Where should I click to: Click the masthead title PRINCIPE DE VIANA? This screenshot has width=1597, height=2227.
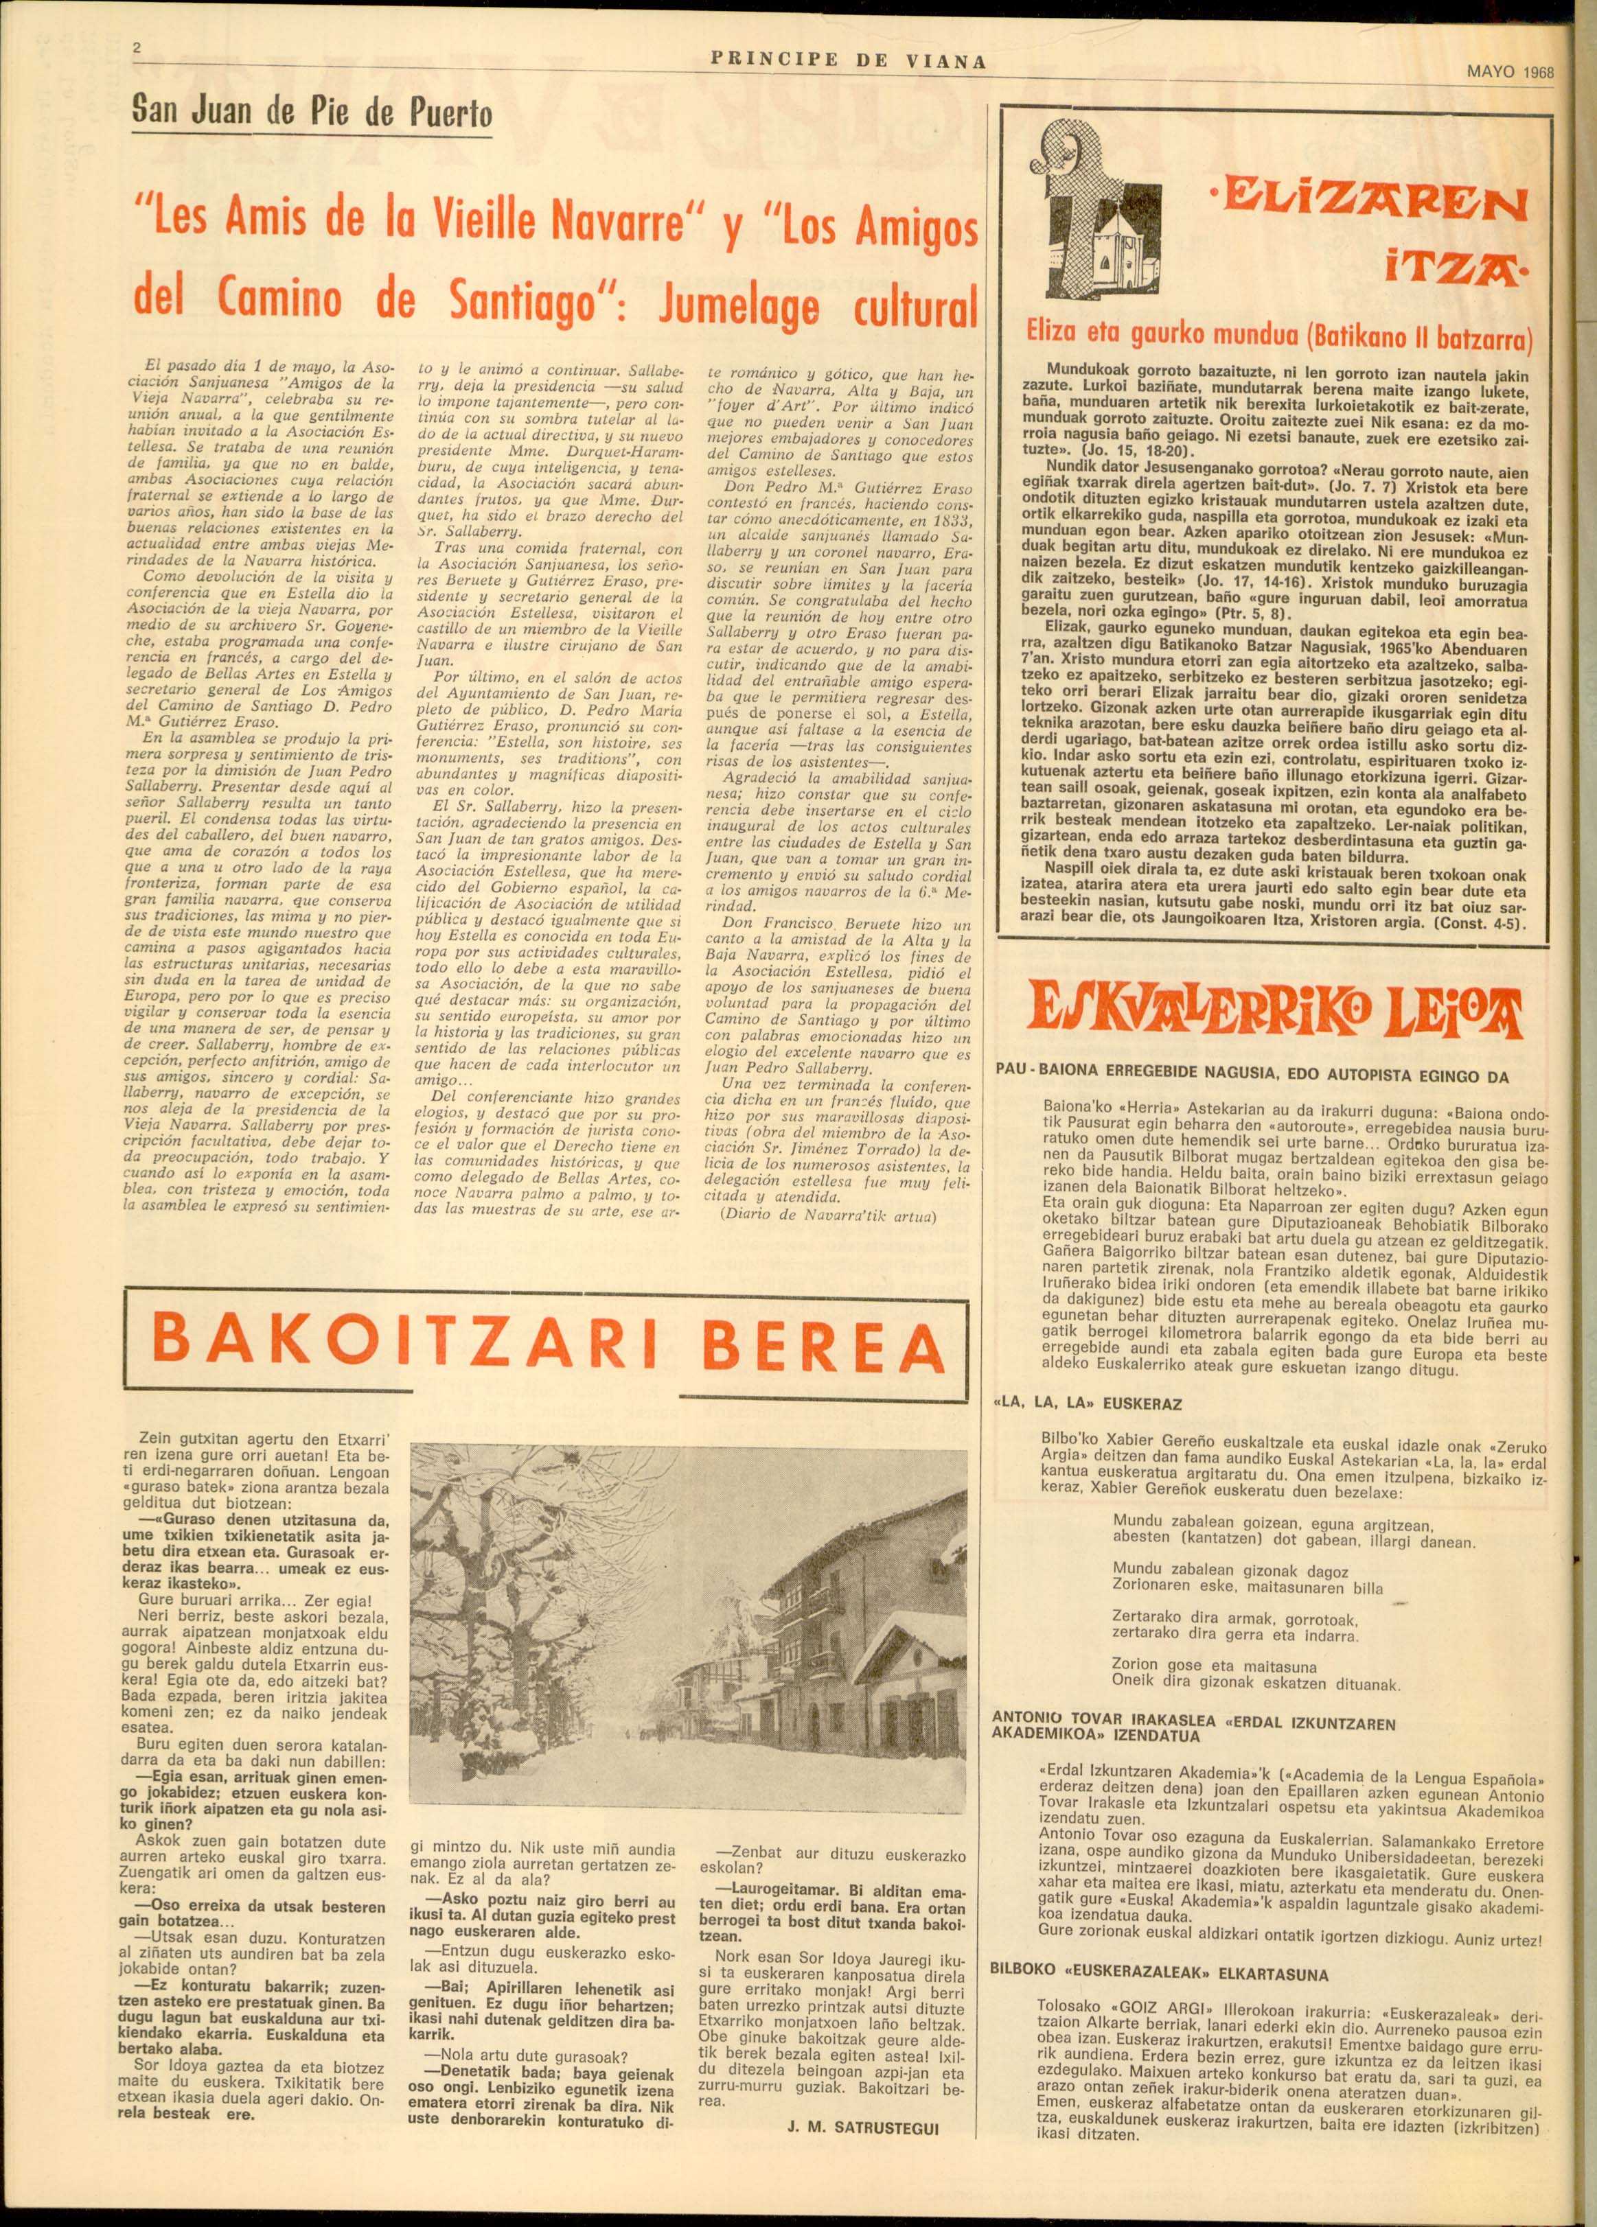coord(848,61)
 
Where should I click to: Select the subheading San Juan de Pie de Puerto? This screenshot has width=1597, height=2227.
coord(312,117)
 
